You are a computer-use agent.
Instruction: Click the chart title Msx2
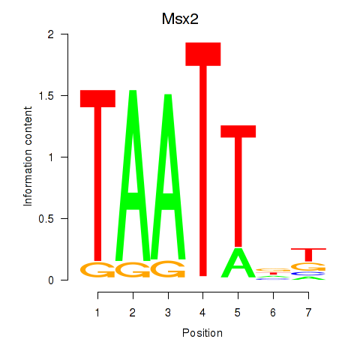coord(180,19)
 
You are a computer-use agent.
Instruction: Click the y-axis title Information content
coord(28,157)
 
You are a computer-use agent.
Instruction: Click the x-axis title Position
coord(202,333)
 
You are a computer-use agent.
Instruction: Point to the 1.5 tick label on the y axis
coord(46,96)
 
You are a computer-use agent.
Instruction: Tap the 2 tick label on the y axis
coord(51,34)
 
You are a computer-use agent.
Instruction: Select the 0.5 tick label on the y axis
coord(46,219)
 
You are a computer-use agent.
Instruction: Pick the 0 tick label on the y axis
coord(51,280)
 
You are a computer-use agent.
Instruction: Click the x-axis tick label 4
coord(202,313)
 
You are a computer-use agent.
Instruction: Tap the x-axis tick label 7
coord(308,313)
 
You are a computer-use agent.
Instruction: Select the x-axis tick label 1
coord(97,313)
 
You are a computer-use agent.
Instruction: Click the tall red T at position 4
coord(203,159)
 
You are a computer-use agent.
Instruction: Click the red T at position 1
coord(97,175)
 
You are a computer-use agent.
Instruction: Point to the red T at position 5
coord(238,186)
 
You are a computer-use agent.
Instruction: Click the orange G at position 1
coord(97,269)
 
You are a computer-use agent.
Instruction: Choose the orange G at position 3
coord(168,269)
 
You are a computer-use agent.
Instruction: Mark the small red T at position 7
coord(308,255)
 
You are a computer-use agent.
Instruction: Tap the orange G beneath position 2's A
coord(133,269)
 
